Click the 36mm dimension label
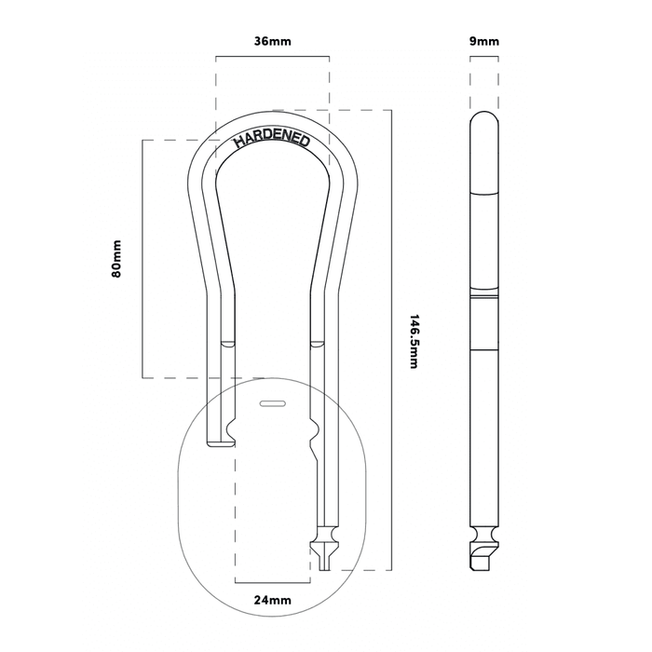(x=271, y=41)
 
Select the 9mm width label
(x=484, y=41)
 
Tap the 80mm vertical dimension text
(x=117, y=259)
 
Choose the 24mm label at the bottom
(x=271, y=601)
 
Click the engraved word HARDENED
(x=271, y=139)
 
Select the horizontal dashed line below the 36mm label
(x=271, y=58)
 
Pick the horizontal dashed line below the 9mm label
(x=484, y=58)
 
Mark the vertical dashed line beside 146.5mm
(x=392, y=341)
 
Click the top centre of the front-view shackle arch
(x=272, y=119)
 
